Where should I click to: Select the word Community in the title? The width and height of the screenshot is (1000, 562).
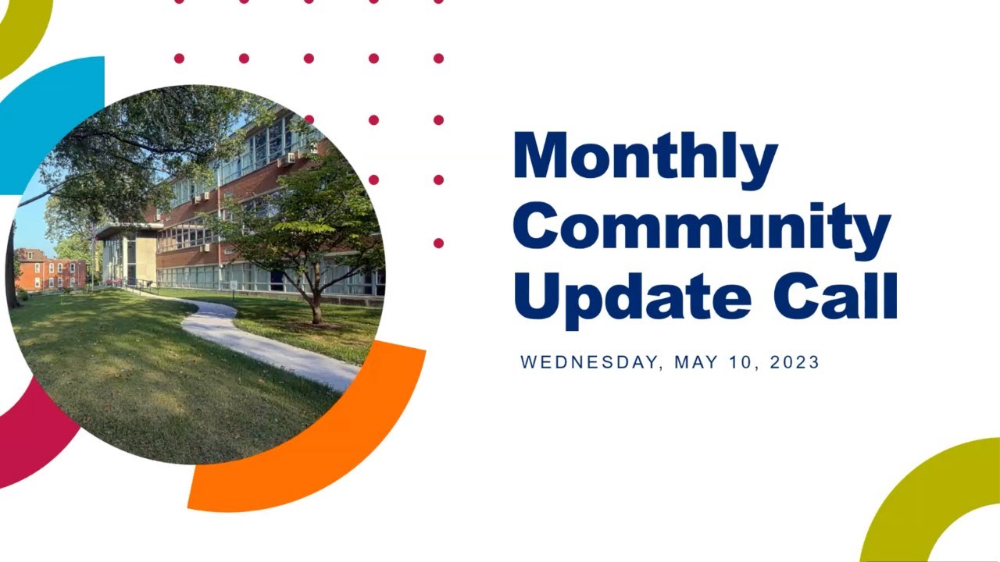pyautogui.click(x=702, y=227)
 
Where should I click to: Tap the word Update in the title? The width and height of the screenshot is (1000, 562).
pyautogui.click(x=631, y=296)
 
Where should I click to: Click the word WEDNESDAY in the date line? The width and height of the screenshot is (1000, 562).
pyautogui.click(x=591, y=362)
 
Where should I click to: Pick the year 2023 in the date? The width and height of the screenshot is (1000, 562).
pyautogui.click(x=795, y=362)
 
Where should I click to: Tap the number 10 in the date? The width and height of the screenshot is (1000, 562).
pyautogui.click(x=741, y=362)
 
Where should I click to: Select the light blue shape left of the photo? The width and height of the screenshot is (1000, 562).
pyautogui.click(x=47, y=109)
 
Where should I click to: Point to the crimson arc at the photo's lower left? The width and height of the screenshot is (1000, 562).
pyautogui.click(x=31, y=437)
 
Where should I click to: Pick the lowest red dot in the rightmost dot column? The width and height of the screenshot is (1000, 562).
pyautogui.click(x=438, y=244)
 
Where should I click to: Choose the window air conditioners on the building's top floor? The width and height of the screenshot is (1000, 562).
pyautogui.click(x=287, y=158)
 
